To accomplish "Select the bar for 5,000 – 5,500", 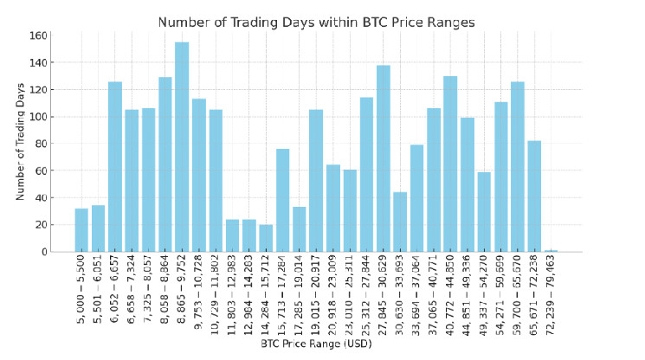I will (81, 230).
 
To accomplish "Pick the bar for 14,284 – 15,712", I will (266, 238).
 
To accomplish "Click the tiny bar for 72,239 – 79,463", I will (551, 250).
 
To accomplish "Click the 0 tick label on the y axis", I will (42, 252).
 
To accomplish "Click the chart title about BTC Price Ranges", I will (316, 22).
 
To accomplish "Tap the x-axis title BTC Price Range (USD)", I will (316, 344).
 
